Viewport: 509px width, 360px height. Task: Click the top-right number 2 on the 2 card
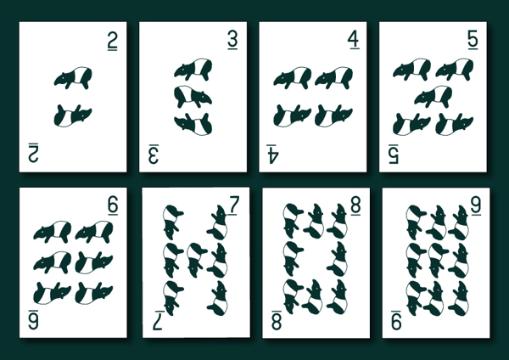tap(112, 42)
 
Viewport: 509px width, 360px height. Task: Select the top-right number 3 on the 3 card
tap(232, 42)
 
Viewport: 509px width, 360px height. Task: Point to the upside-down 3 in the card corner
tap(154, 153)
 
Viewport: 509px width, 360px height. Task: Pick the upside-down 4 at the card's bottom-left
tap(273, 153)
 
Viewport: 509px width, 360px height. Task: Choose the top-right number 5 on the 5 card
tap(473, 42)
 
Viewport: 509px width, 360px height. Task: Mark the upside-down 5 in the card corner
tap(394, 153)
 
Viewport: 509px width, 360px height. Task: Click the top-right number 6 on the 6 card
tap(112, 206)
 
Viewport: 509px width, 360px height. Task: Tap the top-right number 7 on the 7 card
tap(234, 206)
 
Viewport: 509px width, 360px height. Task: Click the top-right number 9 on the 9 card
tap(473, 206)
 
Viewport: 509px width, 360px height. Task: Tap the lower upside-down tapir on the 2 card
tap(73, 113)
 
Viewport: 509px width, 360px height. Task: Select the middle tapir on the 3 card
tap(193, 96)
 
